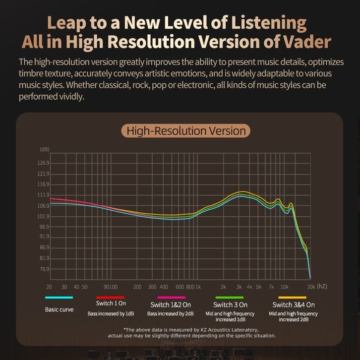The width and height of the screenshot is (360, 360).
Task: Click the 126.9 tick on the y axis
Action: (44, 163)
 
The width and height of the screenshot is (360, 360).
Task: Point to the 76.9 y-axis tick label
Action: (44, 269)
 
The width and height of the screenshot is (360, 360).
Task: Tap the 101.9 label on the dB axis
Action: (44, 216)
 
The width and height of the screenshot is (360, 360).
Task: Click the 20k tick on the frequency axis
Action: (311, 287)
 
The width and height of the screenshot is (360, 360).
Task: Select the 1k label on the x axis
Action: (198, 287)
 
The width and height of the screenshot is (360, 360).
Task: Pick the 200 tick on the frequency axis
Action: (137, 287)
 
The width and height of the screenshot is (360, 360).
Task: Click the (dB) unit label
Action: (44, 149)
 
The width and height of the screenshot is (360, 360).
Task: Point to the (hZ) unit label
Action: (322, 287)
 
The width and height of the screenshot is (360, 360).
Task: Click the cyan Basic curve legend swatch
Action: (59, 298)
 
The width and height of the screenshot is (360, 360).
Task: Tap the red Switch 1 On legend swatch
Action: (111, 298)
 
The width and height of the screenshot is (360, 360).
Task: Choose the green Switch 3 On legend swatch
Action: (230, 298)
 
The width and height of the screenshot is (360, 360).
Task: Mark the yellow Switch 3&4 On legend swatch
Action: (293, 298)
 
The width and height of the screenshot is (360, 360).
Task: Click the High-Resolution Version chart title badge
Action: (186, 131)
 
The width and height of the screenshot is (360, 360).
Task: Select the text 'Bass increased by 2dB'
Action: (171, 314)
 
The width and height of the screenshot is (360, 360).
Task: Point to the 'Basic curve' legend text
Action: (59, 309)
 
